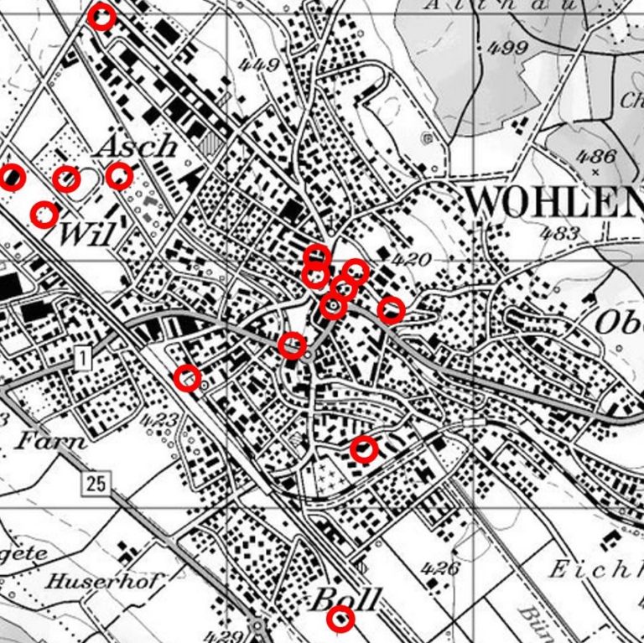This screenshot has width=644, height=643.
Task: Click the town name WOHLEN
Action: (553, 201)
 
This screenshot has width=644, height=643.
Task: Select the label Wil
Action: (86, 235)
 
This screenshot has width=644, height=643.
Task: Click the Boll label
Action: (346, 599)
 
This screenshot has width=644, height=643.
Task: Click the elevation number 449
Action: (258, 65)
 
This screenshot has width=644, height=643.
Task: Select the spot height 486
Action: (596, 156)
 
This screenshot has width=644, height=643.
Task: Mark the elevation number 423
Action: (159, 419)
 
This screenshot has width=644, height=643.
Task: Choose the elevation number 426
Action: (440, 569)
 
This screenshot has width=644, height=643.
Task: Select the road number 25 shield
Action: (96, 482)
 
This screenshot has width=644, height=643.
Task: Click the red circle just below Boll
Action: (340, 620)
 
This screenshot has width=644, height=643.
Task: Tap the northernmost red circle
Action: (101, 17)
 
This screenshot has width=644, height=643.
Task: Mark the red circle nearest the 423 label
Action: (188, 378)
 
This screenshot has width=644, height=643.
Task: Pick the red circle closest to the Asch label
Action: (120, 175)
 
